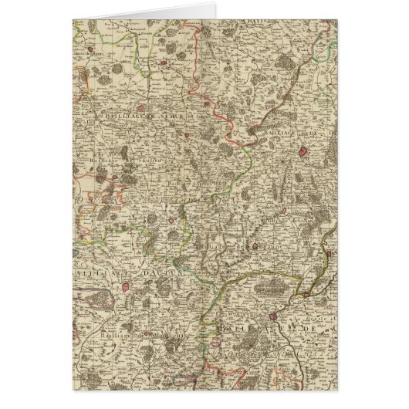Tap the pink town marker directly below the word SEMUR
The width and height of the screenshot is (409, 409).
(186, 135)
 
